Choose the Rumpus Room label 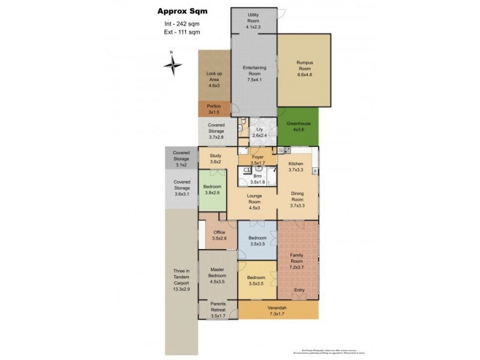pyautogui.click(x=305, y=65)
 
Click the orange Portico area pyautogui.click(x=214, y=109)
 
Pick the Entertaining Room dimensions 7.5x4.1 pyautogui.click(x=254, y=80)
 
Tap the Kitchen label pyautogui.click(x=296, y=163)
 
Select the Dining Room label pyautogui.click(x=298, y=197)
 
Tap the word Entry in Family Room pyautogui.click(x=299, y=290)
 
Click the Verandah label pyautogui.click(x=277, y=307)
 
